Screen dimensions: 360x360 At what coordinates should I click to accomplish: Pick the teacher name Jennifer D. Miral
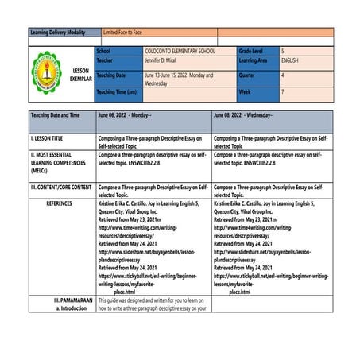(171, 60)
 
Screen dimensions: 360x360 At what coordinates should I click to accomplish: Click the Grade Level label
(255, 51)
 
